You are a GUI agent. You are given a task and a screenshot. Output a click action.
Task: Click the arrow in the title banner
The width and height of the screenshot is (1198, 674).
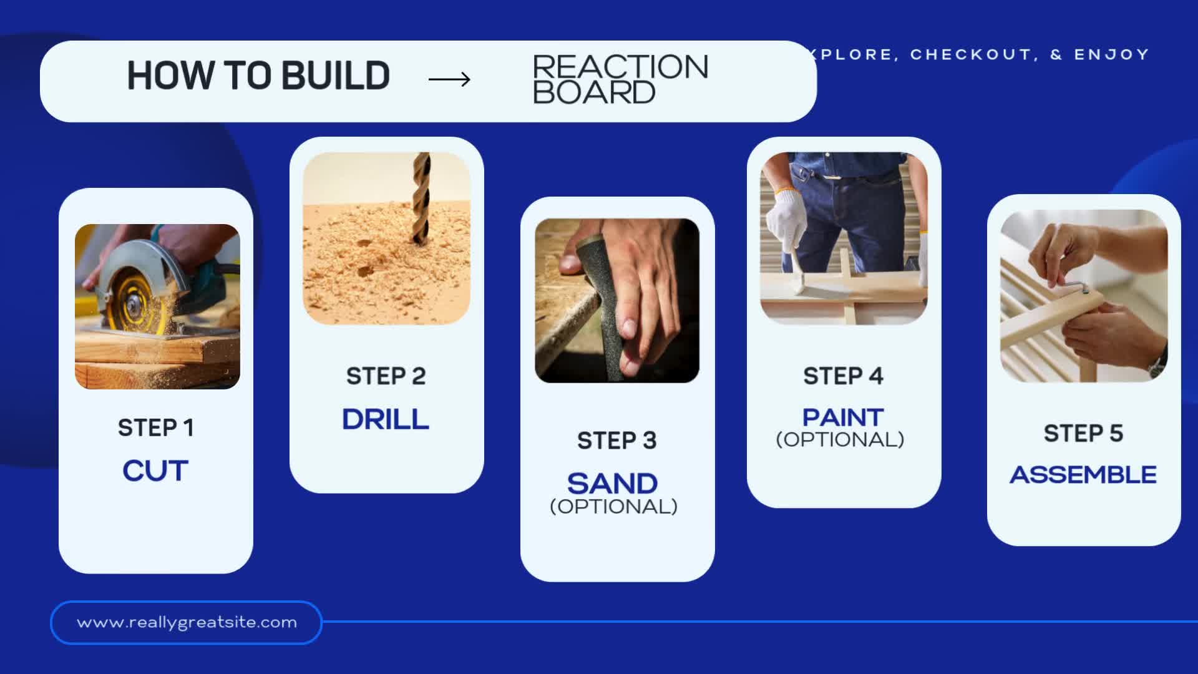point(449,79)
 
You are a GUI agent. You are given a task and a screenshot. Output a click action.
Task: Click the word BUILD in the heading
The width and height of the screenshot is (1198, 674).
point(336,76)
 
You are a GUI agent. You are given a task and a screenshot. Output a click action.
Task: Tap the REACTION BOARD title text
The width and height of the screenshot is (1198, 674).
point(620,80)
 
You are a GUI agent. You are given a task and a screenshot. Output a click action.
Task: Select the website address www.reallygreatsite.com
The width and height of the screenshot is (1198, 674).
point(187,622)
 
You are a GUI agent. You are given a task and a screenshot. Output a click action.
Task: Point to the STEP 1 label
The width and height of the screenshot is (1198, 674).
point(156,427)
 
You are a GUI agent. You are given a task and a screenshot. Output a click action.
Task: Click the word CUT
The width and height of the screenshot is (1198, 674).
point(155,471)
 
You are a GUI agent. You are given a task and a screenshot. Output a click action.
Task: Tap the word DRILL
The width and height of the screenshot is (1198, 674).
point(386,419)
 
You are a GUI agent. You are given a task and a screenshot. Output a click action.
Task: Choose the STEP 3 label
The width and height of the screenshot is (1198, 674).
point(616,441)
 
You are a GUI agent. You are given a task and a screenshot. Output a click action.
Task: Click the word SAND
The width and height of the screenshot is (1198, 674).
point(612,484)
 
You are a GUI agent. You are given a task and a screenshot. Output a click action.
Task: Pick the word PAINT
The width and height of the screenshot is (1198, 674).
point(843,417)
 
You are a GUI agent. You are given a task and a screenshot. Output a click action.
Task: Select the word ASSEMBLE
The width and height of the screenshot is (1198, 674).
point(1083,475)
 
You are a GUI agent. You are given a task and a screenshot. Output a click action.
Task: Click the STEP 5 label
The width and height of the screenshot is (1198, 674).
point(1083,433)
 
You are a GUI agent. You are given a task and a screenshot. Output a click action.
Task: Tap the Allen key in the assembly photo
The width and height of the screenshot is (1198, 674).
point(1073,286)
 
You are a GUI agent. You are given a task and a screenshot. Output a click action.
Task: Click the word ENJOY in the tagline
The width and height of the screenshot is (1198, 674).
point(1111,55)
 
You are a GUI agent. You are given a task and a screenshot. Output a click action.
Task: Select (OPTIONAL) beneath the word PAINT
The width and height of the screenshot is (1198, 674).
point(840,439)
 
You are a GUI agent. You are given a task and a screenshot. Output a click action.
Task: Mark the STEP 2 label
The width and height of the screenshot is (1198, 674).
point(386,376)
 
